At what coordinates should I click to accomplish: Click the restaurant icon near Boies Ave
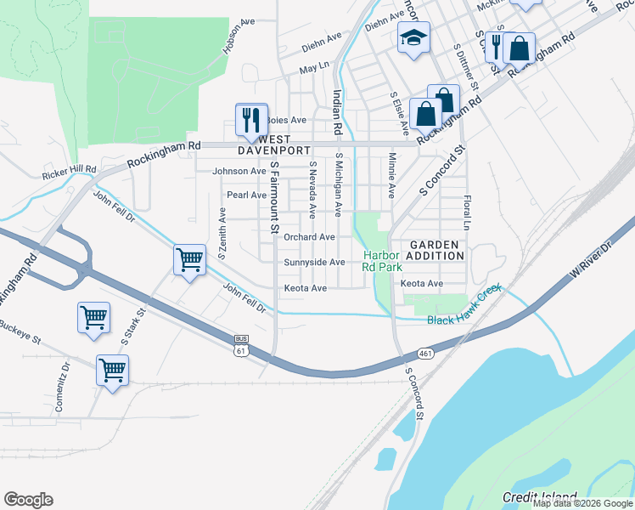tap(251, 119)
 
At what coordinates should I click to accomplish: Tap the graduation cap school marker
tap(413, 37)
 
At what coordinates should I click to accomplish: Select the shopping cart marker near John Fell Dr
tap(189, 259)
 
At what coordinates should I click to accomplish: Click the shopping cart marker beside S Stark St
tap(93, 317)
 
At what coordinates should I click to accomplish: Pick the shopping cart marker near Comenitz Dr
tap(112, 370)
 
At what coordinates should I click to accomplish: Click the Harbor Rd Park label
tap(382, 261)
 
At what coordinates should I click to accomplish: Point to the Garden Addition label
tap(433, 250)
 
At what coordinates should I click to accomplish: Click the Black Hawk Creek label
tap(466, 314)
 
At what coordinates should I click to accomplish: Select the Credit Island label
tap(539, 497)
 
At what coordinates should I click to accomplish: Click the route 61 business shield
tap(242, 344)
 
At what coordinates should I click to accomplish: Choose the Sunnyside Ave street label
tap(314, 263)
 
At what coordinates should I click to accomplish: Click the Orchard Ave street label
tap(309, 237)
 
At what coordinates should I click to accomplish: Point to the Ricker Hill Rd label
tap(69, 173)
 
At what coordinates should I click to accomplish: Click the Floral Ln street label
tap(467, 212)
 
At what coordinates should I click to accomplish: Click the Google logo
tap(28, 500)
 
